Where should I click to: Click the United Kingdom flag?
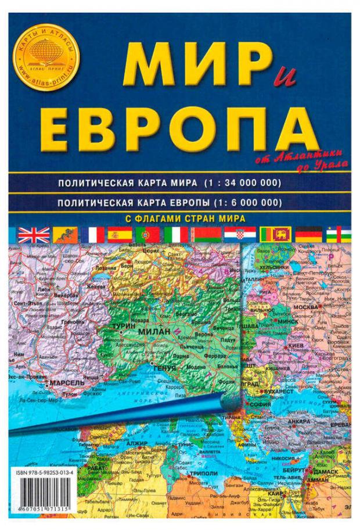pos(27,235)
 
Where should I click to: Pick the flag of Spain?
pos(120,235)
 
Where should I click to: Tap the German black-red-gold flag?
pos(308,235)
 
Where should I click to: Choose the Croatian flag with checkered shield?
pos(236,235)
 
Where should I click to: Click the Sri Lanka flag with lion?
pos(272,235)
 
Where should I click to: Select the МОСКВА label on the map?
pos(307,307)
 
